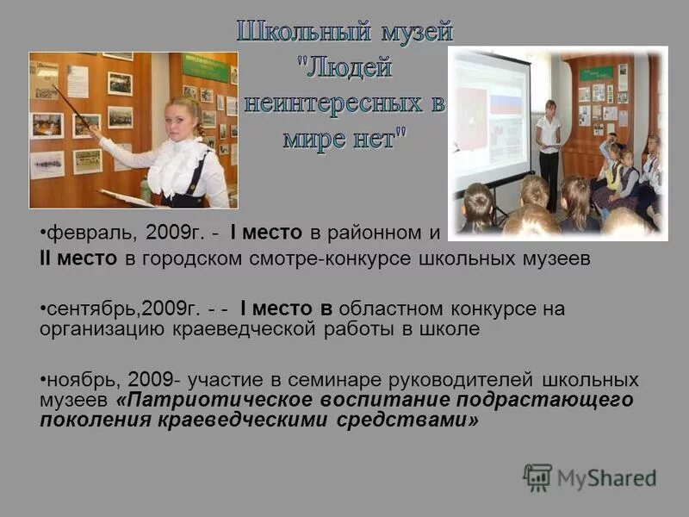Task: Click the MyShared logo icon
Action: pos(537,477)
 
